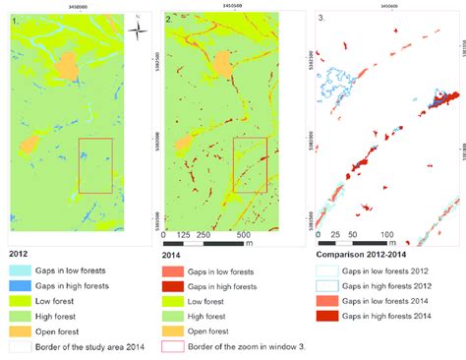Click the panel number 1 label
click(14, 19)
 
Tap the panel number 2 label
click(168, 19)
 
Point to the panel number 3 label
click(321, 19)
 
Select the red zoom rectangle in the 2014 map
click(250, 164)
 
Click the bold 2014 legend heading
click(172, 254)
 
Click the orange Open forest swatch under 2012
click(22, 332)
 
